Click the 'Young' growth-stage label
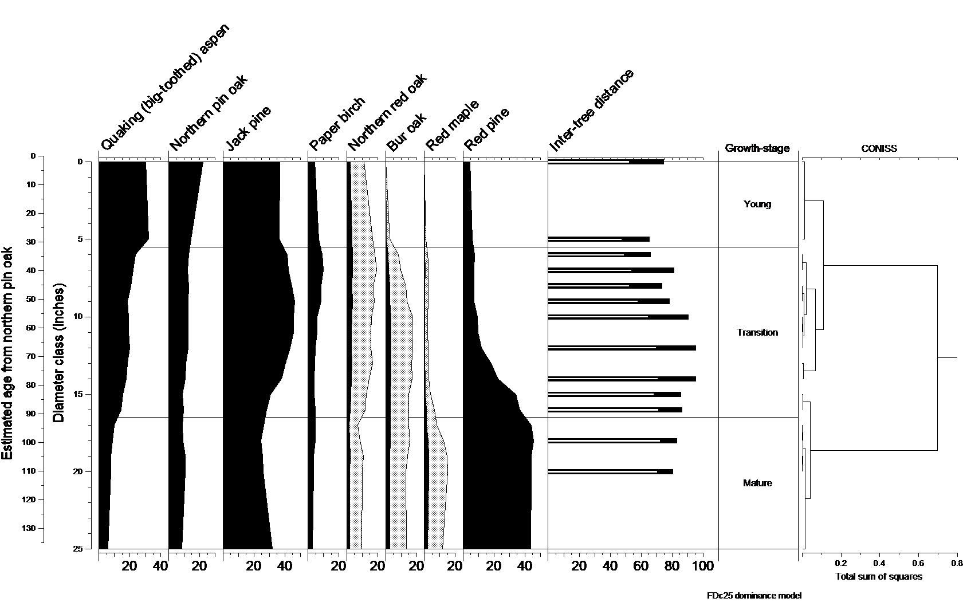click(x=757, y=204)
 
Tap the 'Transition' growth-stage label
click(x=757, y=332)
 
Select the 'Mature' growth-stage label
click(x=757, y=483)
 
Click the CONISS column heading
click(x=879, y=148)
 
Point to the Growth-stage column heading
click(x=757, y=148)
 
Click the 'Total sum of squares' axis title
click(x=879, y=576)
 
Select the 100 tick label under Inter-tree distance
click(x=703, y=566)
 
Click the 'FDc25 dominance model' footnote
click(x=753, y=595)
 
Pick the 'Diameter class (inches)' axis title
click(x=58, y=353)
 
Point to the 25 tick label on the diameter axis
click(x=79, y=549)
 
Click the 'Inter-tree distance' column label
click(x=591, y=111)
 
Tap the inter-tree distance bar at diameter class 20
click(x=610, y=471)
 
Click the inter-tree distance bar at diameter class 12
click(x=622, y=348)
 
